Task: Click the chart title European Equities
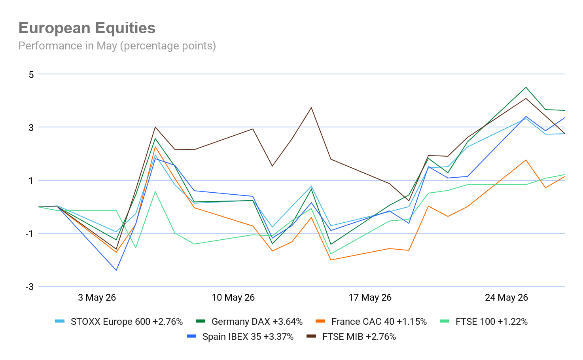(87, 28)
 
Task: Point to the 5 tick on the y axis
(31, 75)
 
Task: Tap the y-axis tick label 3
(31, 127)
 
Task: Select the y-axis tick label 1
(31, 181)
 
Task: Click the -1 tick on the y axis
(29, 234)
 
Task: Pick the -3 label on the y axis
(29, 287)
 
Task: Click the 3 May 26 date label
(97, 297)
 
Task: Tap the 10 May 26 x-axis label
(233, 297)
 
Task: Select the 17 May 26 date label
(370, 297)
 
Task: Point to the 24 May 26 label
(506, 297)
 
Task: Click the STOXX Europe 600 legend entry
(119, 322)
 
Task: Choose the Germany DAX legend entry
(249, 322)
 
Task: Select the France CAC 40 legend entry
(371, 322)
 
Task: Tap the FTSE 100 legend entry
(484, 322)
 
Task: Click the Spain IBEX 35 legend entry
(240, 337)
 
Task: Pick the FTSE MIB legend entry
(351, 337)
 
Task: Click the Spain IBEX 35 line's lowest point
(116, 270)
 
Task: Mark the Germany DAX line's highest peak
(526, 87)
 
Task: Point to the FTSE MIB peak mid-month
(311, 108)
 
